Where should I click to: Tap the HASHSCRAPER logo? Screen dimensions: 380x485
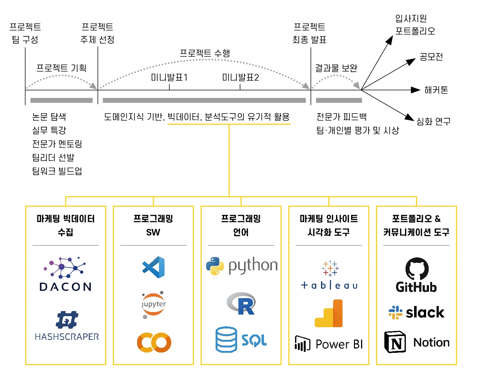click(67, 326)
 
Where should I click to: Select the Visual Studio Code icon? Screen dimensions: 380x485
click(154, 267)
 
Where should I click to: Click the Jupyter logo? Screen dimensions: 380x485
click(154, 304)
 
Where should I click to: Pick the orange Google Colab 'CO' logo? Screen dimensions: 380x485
click(154, 342)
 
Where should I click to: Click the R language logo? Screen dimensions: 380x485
click(242, 304)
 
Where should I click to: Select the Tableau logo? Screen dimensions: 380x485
click(329, 275)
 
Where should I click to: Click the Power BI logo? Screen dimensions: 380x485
click(329, 344)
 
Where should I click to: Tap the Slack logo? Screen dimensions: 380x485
click(416, 312)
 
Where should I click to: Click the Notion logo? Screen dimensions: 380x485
click(417, 342)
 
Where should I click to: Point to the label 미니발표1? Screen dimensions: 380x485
click(169, 77)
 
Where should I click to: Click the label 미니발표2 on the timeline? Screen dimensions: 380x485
click(241, 77)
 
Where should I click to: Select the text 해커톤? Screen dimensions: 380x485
click(436, 90)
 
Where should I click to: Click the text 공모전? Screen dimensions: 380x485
click(431, 57)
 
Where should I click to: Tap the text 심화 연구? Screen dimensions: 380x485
click(433, 121)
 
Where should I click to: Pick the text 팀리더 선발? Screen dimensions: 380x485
click(53, 157)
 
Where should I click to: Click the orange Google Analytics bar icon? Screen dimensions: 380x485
click(329, 313)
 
